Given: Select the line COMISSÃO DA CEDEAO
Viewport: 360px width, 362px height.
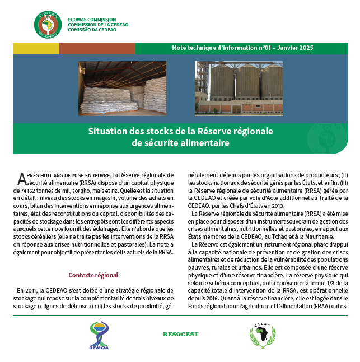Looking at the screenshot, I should (92, 30).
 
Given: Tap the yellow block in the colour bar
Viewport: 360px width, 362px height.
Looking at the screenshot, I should (36, 49).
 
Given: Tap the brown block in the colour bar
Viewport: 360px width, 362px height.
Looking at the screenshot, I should (97, 49).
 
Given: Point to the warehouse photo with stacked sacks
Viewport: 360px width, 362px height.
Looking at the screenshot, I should (122, 89).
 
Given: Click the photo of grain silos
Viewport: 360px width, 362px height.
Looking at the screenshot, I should (239, 89).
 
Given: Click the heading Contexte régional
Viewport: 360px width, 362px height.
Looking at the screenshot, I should (93, 275).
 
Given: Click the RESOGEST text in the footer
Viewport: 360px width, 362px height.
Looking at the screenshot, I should (181, 335).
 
